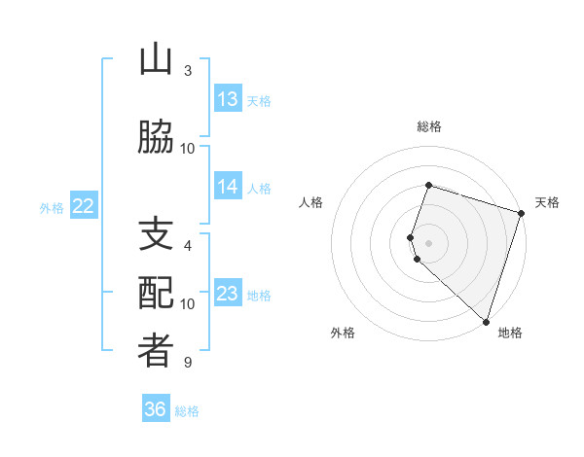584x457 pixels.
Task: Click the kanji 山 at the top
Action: tap(156, 60)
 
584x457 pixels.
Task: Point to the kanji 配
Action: tap(156, 293)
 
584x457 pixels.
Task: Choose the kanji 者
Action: tap(156, 351)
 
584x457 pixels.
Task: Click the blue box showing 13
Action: tap(228, 99)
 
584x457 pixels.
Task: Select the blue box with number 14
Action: tap(228, 188)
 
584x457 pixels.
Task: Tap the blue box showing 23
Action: tap(228, 294)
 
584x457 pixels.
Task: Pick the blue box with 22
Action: tap(84, 206)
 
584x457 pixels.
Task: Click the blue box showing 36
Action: tap(155, 409)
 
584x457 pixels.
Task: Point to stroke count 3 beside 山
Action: tap(188, 71)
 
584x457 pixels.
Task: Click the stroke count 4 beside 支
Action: tap(188, 246)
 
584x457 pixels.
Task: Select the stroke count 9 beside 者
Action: tap(188, 363)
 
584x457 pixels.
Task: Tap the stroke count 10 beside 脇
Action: tap(188, 149)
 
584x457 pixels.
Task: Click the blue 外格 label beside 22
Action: tap(52, 207)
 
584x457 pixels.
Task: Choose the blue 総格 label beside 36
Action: tap(187, 411)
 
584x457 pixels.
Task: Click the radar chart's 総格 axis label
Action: tap(429, 126)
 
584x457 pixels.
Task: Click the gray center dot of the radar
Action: tap(429, 242)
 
